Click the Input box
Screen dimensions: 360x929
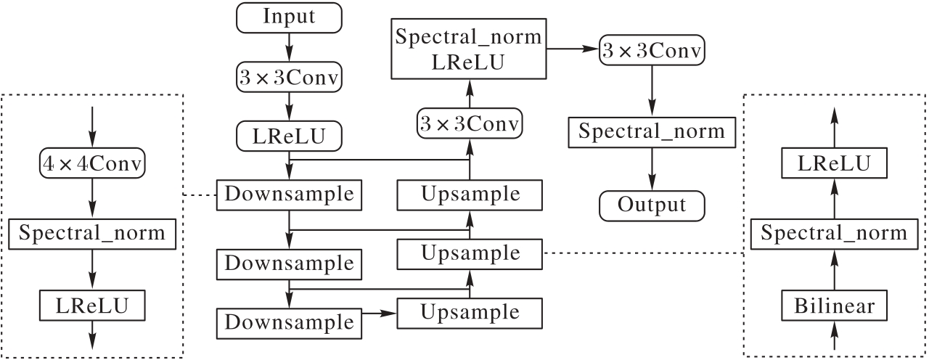coord(290,17)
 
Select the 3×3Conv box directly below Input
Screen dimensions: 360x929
coord(290,78)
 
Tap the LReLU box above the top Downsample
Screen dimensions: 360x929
coord(290,136)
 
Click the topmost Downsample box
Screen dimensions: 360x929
coord(290,195)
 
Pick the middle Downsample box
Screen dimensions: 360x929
coord(290,262)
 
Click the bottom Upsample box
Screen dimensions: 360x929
coord(470,313)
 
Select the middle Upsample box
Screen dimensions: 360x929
coord(470,254)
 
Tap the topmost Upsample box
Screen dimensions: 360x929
coord(470,195)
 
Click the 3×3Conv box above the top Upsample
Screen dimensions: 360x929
coord(470,124)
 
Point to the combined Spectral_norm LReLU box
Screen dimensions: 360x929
coord(470,49)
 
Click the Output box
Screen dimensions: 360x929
coord(652,205)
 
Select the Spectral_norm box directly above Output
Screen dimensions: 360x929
coord(652,132)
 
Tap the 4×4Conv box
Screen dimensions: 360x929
coord(92,165)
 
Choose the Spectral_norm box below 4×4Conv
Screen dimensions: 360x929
coord(92,234)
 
